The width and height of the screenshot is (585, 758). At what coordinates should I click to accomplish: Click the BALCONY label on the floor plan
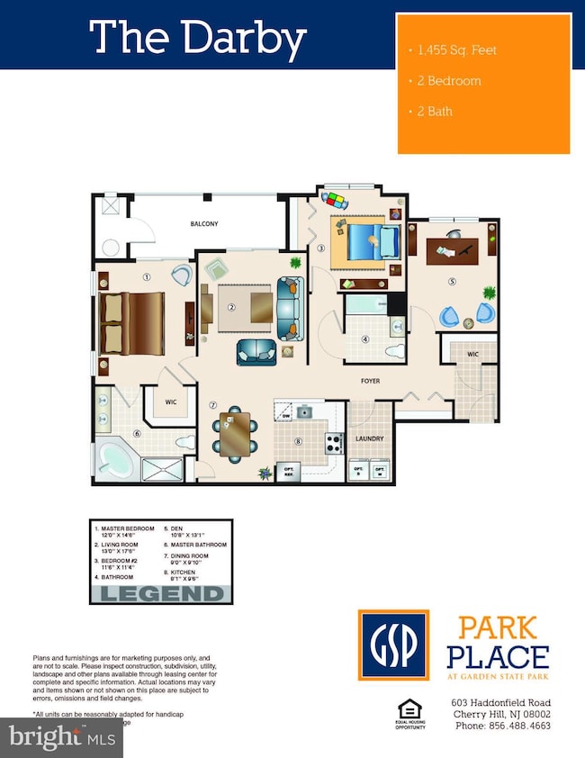(x=203, y=224)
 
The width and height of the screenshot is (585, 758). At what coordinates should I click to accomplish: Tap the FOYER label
(x=370, y=381)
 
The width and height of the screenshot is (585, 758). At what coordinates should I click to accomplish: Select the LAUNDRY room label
(x=370, y=438)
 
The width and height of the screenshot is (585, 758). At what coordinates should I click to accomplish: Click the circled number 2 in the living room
(x=231, y=307)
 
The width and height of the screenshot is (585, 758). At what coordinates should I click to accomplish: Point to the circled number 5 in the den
(x=454, y=280)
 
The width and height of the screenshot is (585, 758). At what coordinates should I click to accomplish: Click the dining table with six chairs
(x=235, y=432)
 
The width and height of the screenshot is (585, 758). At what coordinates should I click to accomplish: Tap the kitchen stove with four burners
(x=333, y=442)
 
